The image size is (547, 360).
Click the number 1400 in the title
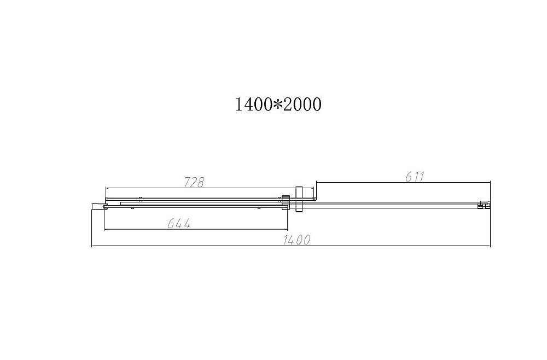click(x=252, y=104)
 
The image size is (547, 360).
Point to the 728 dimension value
click(x=194, y=182)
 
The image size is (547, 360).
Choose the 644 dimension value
click(x=179, y=223)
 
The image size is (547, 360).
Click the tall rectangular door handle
click(x=298, y=200)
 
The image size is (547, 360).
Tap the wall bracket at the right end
click(x=483, y=205)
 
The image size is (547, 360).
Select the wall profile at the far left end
click(x=98, y=206)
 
